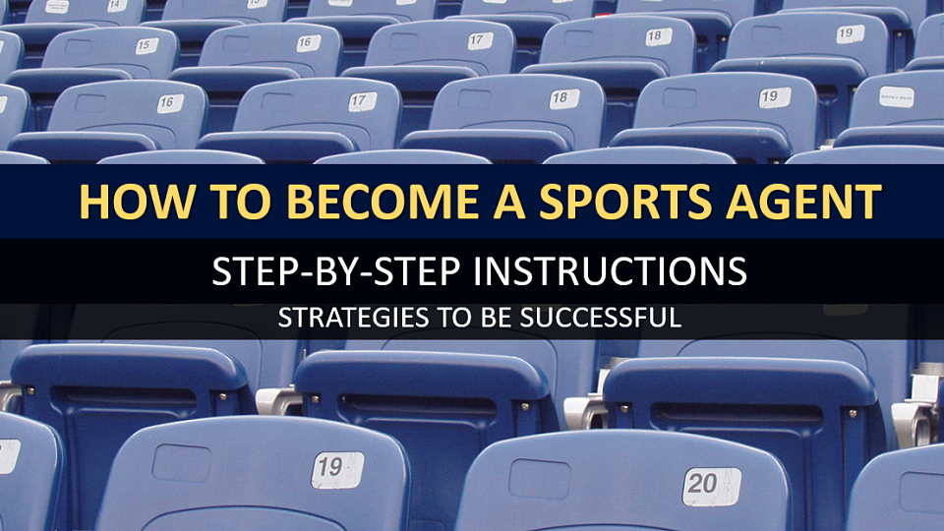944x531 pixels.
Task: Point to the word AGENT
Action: click(803, 201)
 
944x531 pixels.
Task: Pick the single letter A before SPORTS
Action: click(509, 201)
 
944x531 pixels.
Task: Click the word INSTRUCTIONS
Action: click(610, 271)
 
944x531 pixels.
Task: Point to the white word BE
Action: click(497, 318)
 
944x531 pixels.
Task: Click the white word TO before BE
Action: click(455, 318)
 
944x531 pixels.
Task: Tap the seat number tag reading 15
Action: click(147, 46)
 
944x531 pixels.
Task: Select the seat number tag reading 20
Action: click(711, 486)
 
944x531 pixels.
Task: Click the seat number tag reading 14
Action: click(117, 6)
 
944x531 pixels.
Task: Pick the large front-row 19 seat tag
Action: click(337, 469)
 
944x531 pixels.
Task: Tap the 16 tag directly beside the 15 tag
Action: click(308, 42)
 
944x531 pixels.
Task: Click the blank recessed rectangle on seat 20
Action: click(540, 479)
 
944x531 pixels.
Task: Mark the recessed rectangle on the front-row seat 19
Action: click(181, 463)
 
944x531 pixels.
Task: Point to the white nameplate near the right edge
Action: click(897, 97)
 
